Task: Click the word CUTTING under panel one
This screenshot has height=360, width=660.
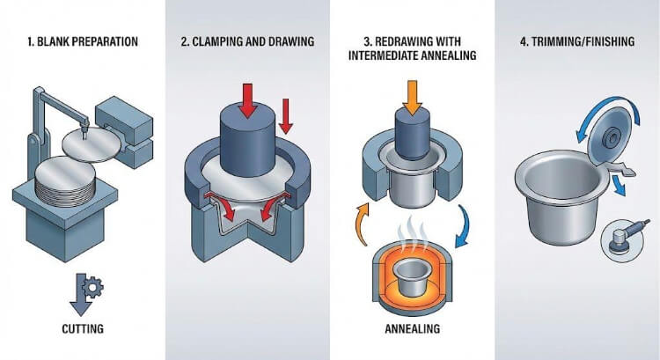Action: pyautogui.click(x=82, y=331)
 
